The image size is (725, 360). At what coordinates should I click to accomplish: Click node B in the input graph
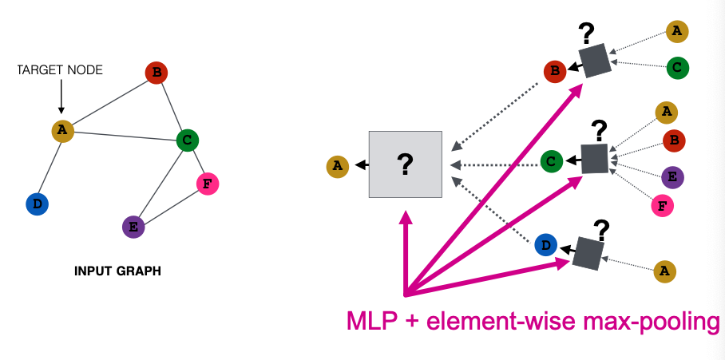tap(156, 74)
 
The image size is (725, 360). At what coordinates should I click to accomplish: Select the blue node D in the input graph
tap(37, 204)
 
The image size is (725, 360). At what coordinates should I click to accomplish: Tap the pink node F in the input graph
tap(208, 184)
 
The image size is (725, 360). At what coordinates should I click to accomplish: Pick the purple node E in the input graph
tap(133, 227)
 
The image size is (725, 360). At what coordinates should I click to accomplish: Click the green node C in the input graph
tap(187, 141)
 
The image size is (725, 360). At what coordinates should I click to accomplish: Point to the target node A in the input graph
tap(63, 131)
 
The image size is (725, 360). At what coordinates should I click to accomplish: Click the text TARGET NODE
tap(60, 70)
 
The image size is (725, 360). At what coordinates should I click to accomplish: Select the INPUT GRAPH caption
tap(117, 271)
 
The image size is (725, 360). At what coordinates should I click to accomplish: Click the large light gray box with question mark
tap(405, 164)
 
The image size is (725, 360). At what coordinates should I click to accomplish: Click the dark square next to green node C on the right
tap(594, 158)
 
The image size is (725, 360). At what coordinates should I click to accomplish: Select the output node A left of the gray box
tap(338, 166)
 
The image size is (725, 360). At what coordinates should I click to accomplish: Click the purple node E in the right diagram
tap(673, 177)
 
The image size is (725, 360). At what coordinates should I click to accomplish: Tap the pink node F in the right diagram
tap(661, 205)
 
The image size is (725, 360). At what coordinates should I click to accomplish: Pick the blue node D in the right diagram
tap(546, 245)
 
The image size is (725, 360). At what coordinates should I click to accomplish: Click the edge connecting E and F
tap(170, 206)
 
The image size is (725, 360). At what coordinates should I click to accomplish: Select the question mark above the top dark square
tap(588, 33)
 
